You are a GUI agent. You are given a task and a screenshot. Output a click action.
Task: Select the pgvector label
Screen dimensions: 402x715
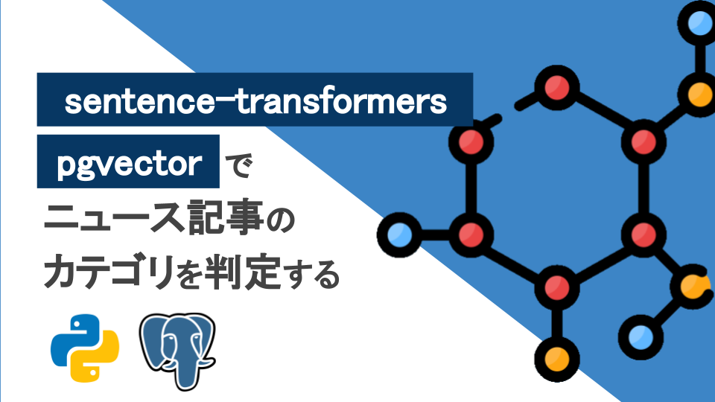130,162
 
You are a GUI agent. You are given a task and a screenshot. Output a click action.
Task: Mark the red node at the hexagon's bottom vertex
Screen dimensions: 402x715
554,285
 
